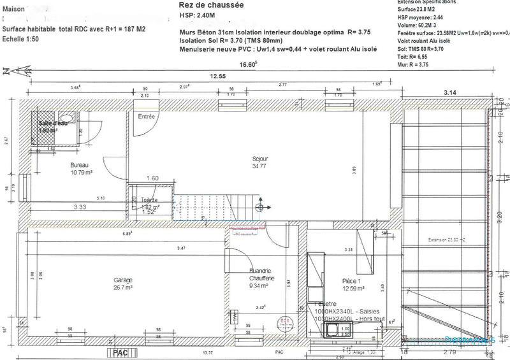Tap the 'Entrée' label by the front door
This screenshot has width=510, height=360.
point(147,117)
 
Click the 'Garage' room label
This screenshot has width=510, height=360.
point(124,281)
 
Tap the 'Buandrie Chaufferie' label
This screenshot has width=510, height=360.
point(261,273)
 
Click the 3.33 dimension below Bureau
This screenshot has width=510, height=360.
point(80,206)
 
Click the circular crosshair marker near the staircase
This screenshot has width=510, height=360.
point(260,208)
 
